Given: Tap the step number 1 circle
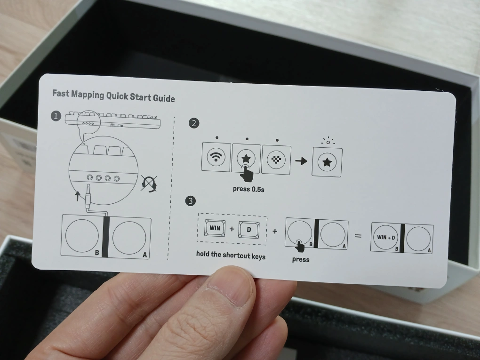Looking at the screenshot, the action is (56, 116).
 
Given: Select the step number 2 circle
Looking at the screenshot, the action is (194, 123).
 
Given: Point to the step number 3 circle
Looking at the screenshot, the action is (191, 201).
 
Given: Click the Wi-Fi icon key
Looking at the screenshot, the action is (216, 157).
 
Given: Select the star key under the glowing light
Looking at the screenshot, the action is (327, 162).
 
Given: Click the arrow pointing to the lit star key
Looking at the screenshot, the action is (301, 161).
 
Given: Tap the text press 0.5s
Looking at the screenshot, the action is (248, 189).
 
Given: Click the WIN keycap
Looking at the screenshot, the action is (215, 228).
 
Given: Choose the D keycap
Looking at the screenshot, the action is (249, 230).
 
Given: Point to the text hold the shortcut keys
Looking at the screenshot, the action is (231, 255).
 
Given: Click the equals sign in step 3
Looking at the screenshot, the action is (358, 236).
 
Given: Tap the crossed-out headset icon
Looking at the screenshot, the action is (149, 184).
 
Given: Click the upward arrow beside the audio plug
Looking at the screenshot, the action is (78, 196).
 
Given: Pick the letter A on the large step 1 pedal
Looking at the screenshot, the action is (145, 255).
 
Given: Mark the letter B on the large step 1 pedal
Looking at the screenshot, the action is (97, 253).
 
